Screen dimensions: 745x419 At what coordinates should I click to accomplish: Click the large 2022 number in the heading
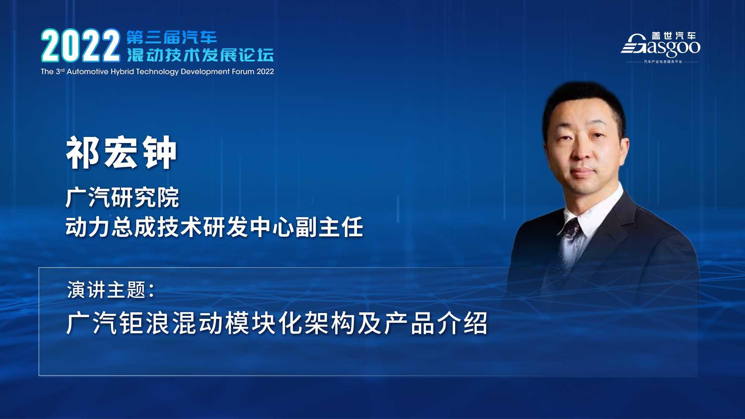point(81,46)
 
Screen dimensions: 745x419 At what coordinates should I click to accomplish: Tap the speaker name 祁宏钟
point(121,153)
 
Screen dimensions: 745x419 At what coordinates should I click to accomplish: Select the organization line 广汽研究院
point(122,197)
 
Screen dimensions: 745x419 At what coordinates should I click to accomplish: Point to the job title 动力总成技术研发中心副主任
point(214,227)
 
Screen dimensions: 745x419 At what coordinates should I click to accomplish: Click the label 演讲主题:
point(111,290)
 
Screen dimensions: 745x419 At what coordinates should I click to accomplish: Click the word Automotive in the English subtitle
point(87,71)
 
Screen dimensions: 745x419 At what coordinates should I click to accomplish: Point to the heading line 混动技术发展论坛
point(200,55)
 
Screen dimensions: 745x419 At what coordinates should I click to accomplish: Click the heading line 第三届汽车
point(172,38)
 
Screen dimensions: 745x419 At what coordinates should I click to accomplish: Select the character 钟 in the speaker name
point(159,153)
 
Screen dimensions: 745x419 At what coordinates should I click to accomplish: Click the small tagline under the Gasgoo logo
point(663,62)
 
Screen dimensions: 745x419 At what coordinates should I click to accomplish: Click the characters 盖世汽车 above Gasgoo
point(674,36)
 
